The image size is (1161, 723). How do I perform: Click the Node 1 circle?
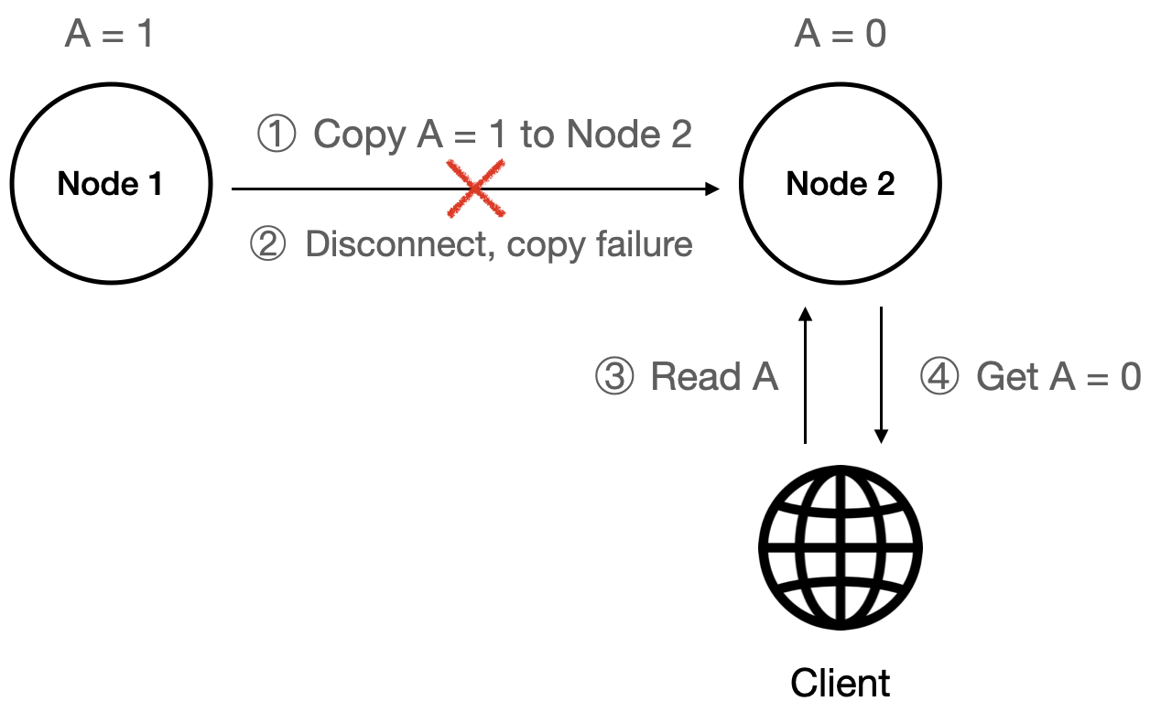[x=110, y=185]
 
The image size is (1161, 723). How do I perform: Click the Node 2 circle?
[x=840, y=185]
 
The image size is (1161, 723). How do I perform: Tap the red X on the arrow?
[x=476, y=189]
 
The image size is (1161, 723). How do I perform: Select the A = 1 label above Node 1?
[x=109, y=35]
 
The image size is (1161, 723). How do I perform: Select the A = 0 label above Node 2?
[x=840, y=35]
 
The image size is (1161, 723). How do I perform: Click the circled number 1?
[x=276, y=135]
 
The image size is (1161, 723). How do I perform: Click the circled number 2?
[x=268, y=244]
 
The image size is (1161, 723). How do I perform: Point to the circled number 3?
[x=614, y=376]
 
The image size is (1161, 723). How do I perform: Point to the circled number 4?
[x=939, y=376]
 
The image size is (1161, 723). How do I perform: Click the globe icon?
[x=840, y=547]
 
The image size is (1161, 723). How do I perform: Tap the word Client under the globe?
[x=840, y=683]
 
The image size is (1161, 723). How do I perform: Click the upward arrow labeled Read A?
[x=805, y=375]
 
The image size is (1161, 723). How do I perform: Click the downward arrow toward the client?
[x=881, y=375]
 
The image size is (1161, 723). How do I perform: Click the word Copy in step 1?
[x=360, y=135]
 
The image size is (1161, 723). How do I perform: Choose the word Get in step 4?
[x=1007, y=376]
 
